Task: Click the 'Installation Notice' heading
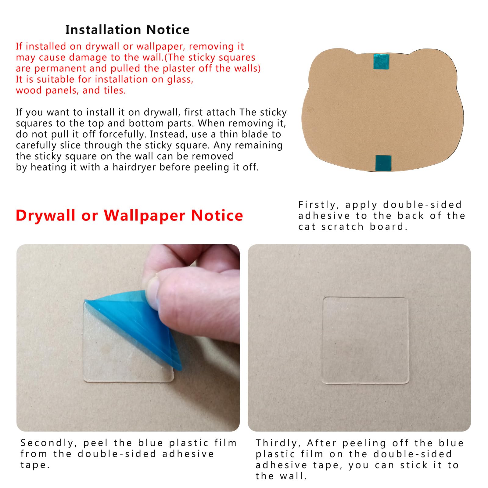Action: click(x=127, y=30)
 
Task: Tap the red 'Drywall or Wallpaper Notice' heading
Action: click(x=129, y=215)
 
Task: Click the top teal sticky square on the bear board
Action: click(x=382, y=61)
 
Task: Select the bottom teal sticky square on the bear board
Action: click(x=383, y=163)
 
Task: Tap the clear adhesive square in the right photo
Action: click(x=365, y=340)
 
